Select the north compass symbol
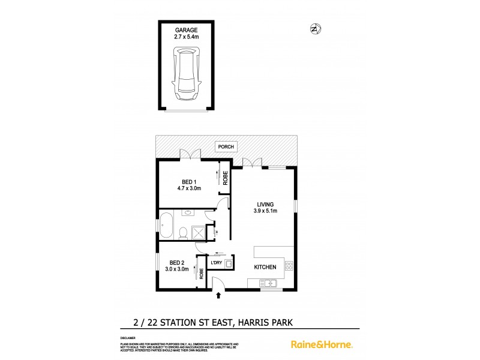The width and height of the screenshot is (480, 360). click(x=314, y=28)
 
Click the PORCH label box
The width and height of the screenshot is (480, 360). click(x=227, y=146)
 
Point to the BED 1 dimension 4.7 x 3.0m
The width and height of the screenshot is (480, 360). click(x=190, y=188)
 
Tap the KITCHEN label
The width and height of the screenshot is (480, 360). click(x=265, y=267)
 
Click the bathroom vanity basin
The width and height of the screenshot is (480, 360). click(x=188, y=213)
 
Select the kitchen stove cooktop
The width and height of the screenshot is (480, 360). click(x=289, y=265)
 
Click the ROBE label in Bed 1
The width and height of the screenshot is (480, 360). click(x=226, y=178)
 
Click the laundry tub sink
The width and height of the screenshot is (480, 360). click(x=219, y=263)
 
